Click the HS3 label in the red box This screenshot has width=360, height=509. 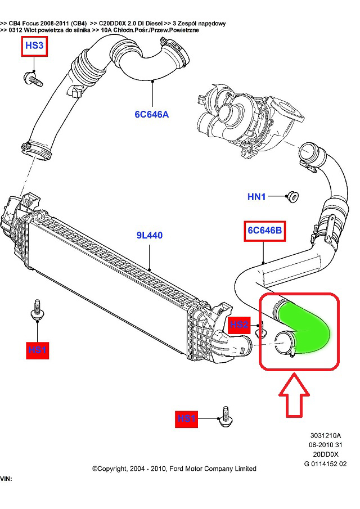34,46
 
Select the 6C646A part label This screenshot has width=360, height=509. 151,114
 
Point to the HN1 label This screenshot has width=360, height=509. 256,197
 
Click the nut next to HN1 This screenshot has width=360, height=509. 292,196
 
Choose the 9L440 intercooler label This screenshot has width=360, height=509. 149,235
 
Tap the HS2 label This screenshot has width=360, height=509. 239,325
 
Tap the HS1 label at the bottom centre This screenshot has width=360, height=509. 187,418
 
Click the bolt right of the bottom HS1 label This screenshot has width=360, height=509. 225,417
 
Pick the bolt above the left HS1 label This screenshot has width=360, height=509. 38,311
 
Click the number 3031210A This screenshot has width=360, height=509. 325,435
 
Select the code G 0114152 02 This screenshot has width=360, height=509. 325,464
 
